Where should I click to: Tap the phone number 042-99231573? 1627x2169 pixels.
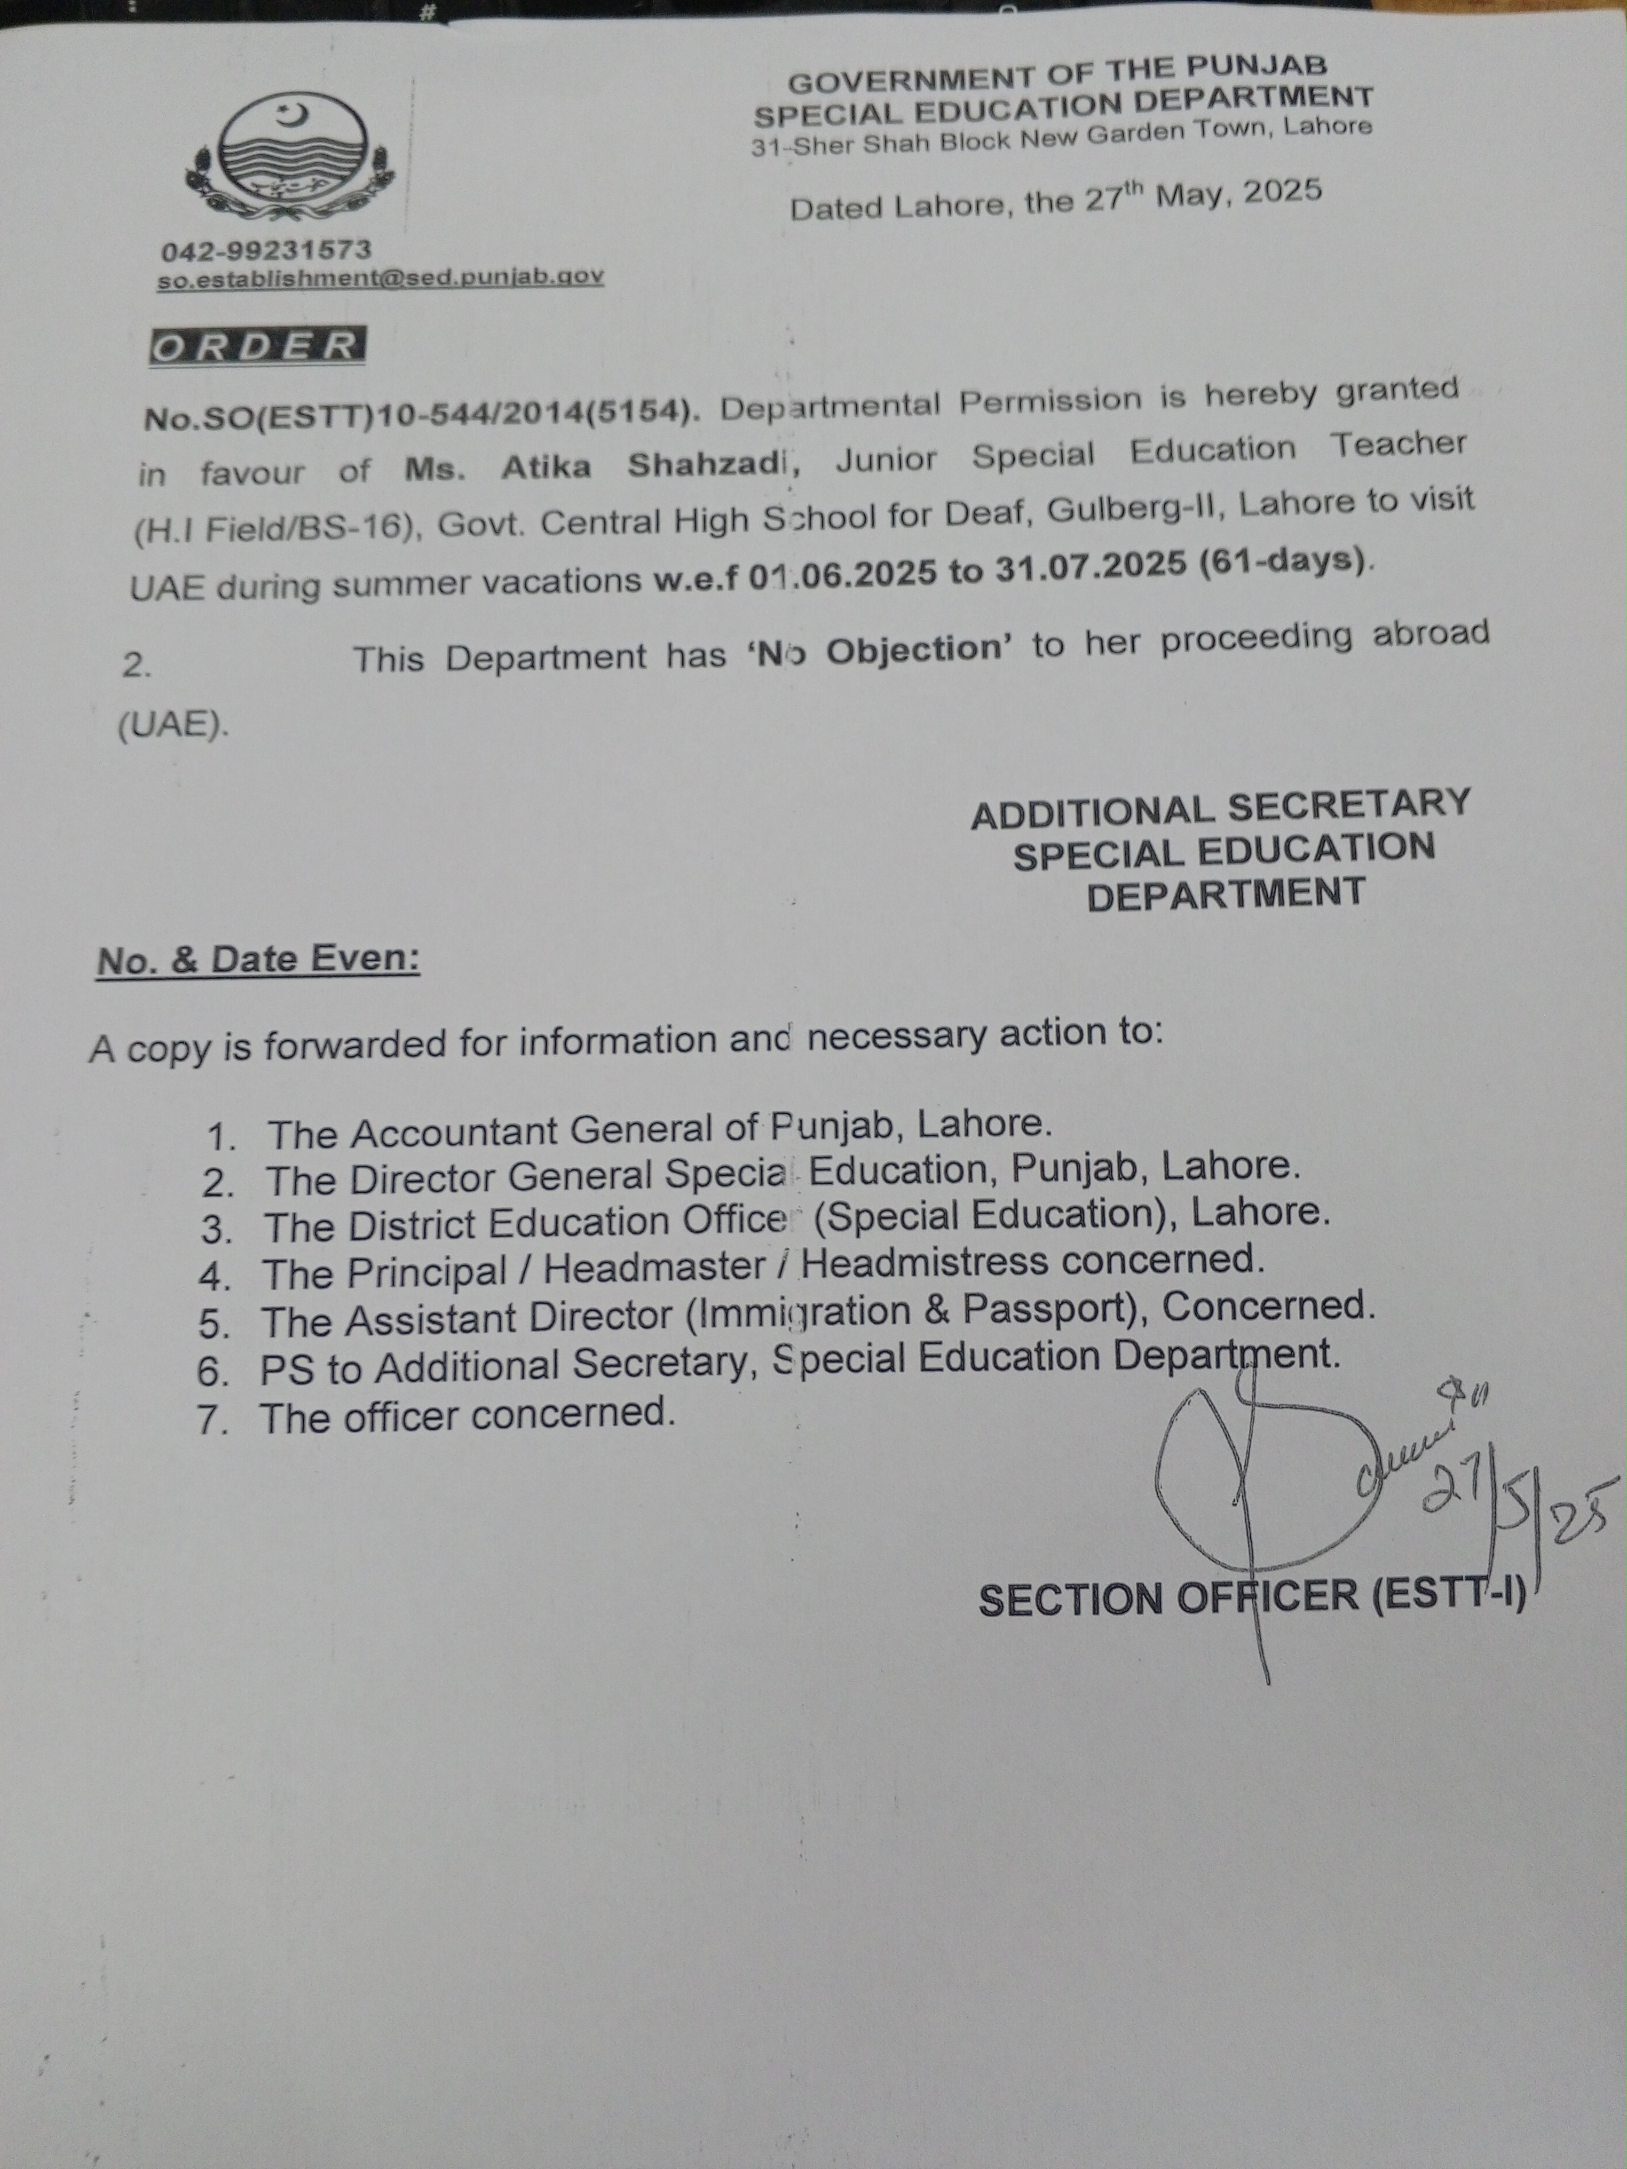click(x=266, y=251)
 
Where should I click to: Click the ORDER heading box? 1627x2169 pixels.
click(x=257, y=346)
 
